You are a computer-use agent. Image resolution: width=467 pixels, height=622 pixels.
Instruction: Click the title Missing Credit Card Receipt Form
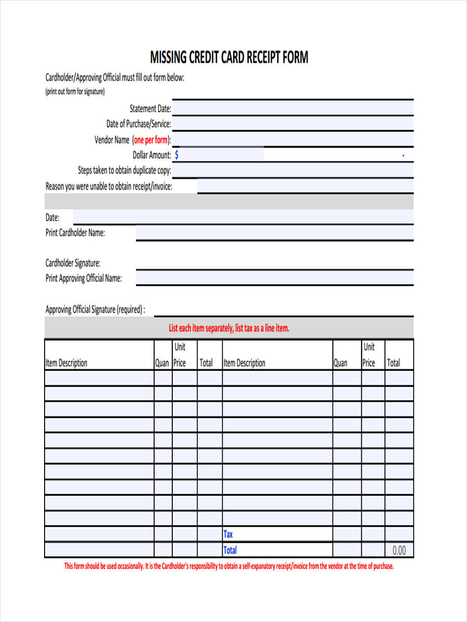(229, 57)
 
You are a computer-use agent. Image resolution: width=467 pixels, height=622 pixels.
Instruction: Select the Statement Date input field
(293, 108)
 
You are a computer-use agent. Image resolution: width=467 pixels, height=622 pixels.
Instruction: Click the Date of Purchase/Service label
(139, 124)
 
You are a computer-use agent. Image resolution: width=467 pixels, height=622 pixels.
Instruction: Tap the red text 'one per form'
(150, 140)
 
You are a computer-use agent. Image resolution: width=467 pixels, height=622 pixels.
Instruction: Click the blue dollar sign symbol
(177, 155)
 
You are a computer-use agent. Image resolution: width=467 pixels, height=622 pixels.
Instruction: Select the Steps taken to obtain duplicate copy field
(293, 171)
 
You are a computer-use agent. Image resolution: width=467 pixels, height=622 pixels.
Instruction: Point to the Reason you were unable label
(109, 187)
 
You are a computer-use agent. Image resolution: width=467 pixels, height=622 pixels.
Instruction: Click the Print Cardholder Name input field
(274, 233)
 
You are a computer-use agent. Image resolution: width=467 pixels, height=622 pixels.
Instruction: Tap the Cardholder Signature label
(73, 263)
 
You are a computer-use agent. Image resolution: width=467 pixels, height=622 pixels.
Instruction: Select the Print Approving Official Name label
(84, 278)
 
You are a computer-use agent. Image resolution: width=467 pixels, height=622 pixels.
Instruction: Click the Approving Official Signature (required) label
(95, 310)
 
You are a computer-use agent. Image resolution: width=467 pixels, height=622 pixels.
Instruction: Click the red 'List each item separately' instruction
(229, 328)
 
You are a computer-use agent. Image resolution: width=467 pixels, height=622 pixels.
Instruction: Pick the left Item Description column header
(66, 363)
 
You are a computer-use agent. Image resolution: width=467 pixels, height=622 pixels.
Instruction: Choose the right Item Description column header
(244, 363)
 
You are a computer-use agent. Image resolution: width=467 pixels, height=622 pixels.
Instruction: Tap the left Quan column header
(162, 363)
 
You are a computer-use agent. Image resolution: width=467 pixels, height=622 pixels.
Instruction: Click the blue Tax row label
(228, 534)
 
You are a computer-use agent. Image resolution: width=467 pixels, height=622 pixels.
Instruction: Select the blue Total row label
(230, 550)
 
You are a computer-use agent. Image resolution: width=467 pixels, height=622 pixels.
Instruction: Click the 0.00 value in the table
(399, 550)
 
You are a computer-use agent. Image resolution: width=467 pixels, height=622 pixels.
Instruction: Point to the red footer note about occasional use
(229, 566)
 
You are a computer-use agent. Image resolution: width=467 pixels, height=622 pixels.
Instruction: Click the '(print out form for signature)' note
(75, 92)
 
